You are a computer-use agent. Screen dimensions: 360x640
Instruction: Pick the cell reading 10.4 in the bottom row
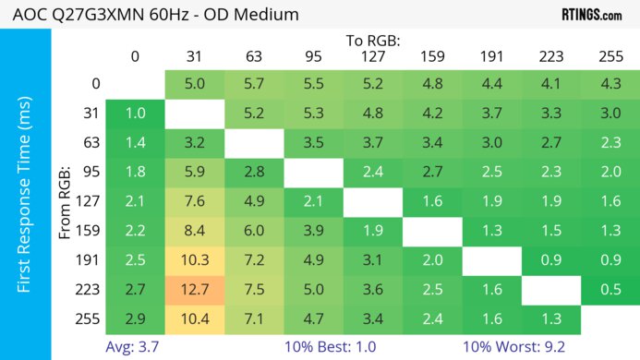click(194, 319)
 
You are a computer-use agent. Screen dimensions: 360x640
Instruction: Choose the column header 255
click(609, 56)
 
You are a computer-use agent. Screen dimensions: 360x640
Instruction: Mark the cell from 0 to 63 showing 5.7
click(253, 84)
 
